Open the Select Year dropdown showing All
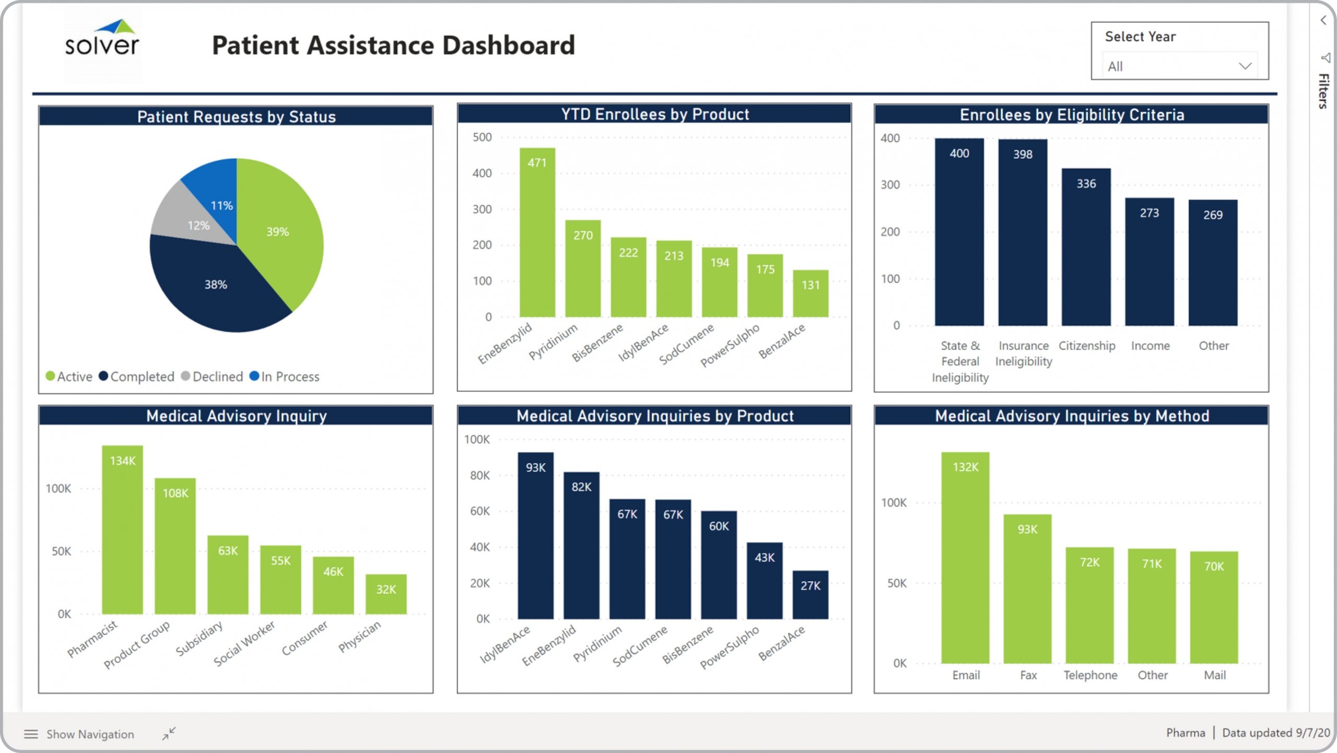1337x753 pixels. (1179, 66)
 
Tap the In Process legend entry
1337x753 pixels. (285, 376)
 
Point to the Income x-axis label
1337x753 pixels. (1150, 346)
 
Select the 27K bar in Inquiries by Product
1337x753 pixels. (810, 595)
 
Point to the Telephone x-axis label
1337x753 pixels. (1090, 675)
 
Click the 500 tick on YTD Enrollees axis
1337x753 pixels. (482, 137)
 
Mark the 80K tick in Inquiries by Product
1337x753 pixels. (479, 475)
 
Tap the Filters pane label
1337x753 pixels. (1323, 91)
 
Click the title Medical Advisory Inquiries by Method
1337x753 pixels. (1072, 416)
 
